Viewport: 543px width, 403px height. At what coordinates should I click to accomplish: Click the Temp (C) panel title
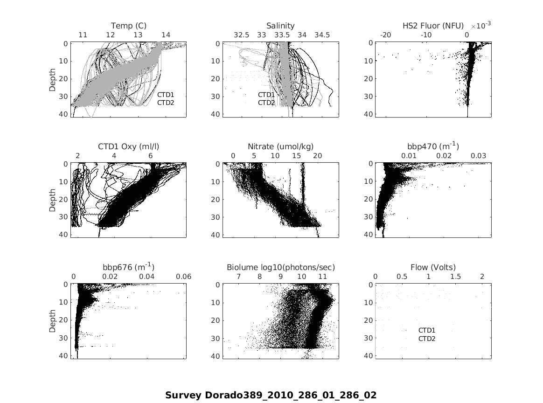point(128,26)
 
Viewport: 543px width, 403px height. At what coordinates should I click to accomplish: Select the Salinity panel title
point(280,26)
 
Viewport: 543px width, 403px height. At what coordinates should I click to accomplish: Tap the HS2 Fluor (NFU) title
point(433,26)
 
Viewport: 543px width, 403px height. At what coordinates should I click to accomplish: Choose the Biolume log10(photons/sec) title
point(281,267)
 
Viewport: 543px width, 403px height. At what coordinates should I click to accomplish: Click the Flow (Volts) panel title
point(433,267)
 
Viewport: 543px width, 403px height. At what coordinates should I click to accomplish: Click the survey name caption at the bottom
point(271,395)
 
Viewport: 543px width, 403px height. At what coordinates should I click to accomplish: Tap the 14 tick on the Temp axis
point(166,35)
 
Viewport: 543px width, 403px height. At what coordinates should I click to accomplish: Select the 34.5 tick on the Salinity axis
point(322,35)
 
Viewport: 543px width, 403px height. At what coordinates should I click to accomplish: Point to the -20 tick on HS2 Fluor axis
point(386,35)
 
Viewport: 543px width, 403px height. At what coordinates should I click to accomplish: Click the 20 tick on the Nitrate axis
point(318,156)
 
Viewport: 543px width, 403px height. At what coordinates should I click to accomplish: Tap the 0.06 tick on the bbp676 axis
point(184,277)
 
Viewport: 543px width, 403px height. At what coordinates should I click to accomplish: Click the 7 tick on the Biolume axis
point(238,277)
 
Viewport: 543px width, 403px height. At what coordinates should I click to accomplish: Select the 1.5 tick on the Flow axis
point(455,277)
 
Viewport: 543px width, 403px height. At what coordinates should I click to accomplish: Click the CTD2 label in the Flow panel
point(426,339)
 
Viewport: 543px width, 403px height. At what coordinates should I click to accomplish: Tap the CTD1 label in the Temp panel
point(165,95)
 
